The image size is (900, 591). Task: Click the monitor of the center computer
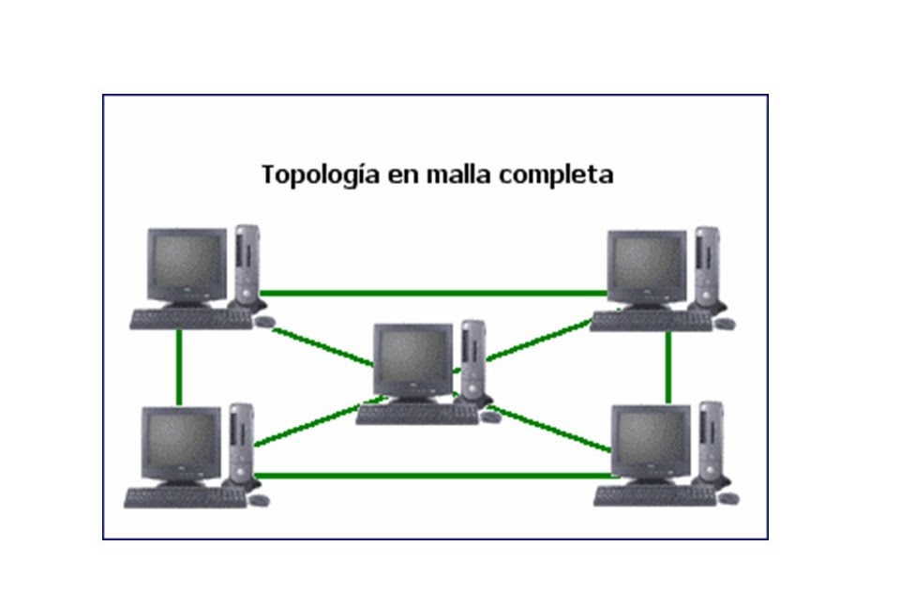coord(412,360)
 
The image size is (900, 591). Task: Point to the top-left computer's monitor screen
coord(187,264)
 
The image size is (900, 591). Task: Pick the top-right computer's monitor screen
coord(646,265)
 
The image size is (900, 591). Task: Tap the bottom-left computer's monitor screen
coord(180,442)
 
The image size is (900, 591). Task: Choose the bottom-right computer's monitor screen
coord(650,441)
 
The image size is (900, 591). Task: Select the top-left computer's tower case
coord(247,265)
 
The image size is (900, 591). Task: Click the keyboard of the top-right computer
coord(650,322)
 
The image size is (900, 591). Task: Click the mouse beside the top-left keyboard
coord(266,322)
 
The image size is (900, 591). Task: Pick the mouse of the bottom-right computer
coord(728,498)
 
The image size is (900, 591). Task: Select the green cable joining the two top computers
coord(431,293)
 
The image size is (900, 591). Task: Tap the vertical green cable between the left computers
coord(178,366)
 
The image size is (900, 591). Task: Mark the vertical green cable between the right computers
coord(668,366)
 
